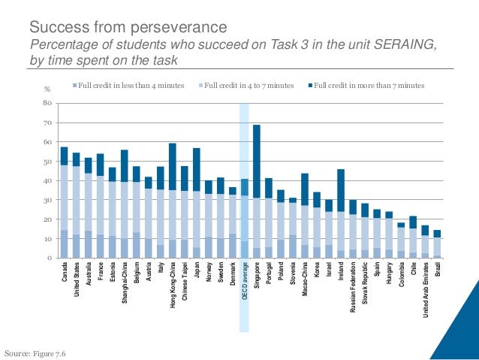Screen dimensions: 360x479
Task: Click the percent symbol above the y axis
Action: tap(48, 91)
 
